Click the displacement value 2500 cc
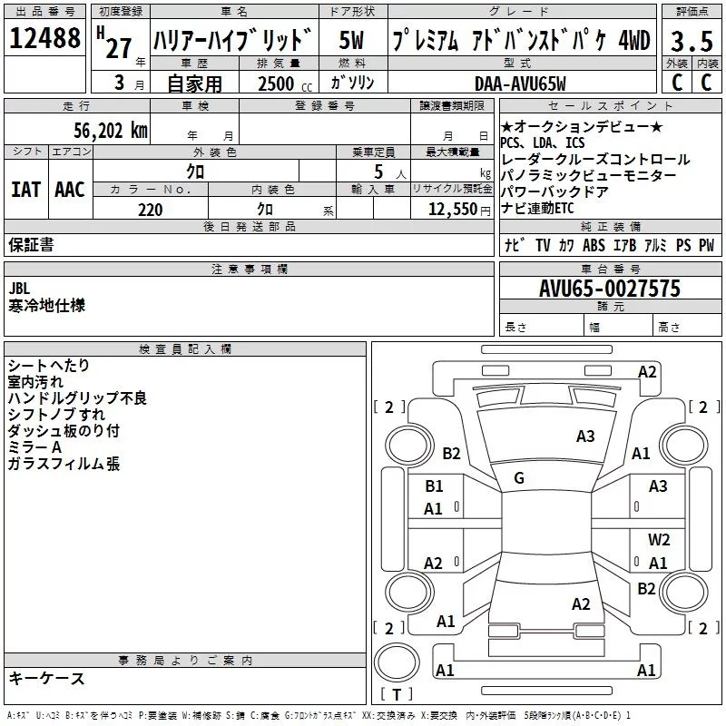(x=280, y=84)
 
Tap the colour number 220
(x=150, y=210)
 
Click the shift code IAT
(x=25, y=190)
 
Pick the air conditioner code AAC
(x=69, y=190)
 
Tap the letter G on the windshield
(x=518, y=478)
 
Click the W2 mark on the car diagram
(x=659, y=540)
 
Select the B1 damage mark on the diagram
(x=434, y=486)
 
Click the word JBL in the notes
(x=19, y=289)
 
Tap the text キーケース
(x=46, y=678)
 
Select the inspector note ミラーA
(x=34, y=447)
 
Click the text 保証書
(x=31, y=244)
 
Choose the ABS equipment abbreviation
(x=594, y=245)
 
